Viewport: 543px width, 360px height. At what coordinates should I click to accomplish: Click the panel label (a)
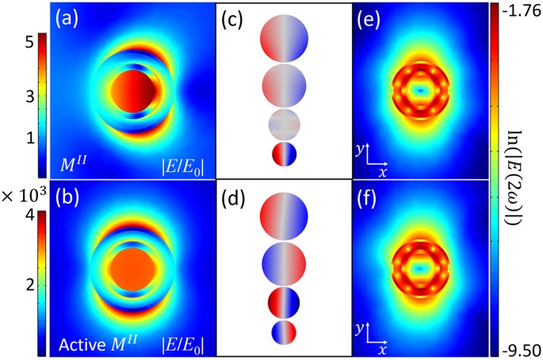point(67,17)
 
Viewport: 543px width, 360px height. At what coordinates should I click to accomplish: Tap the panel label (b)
point(67,196)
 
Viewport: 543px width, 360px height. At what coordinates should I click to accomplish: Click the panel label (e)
point(369,17)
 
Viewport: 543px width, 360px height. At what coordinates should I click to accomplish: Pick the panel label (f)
point(369,196)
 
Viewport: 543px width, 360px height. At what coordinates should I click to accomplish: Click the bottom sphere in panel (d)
point(283,332)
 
